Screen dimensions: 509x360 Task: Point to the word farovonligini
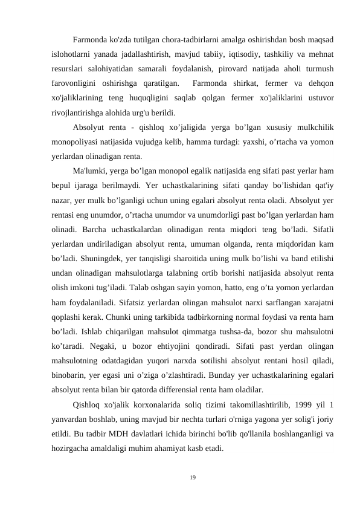pyautogui.click(x=76, y=83)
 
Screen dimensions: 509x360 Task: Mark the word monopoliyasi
pyautogui.click(x=77, y=141)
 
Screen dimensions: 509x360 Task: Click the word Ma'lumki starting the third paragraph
pyautogui.click(x=90, y=170)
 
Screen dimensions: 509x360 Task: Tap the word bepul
pyautogui.click(x=61, y=184)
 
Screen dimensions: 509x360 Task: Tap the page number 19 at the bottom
pyautogui.click(x=193, y=478)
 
